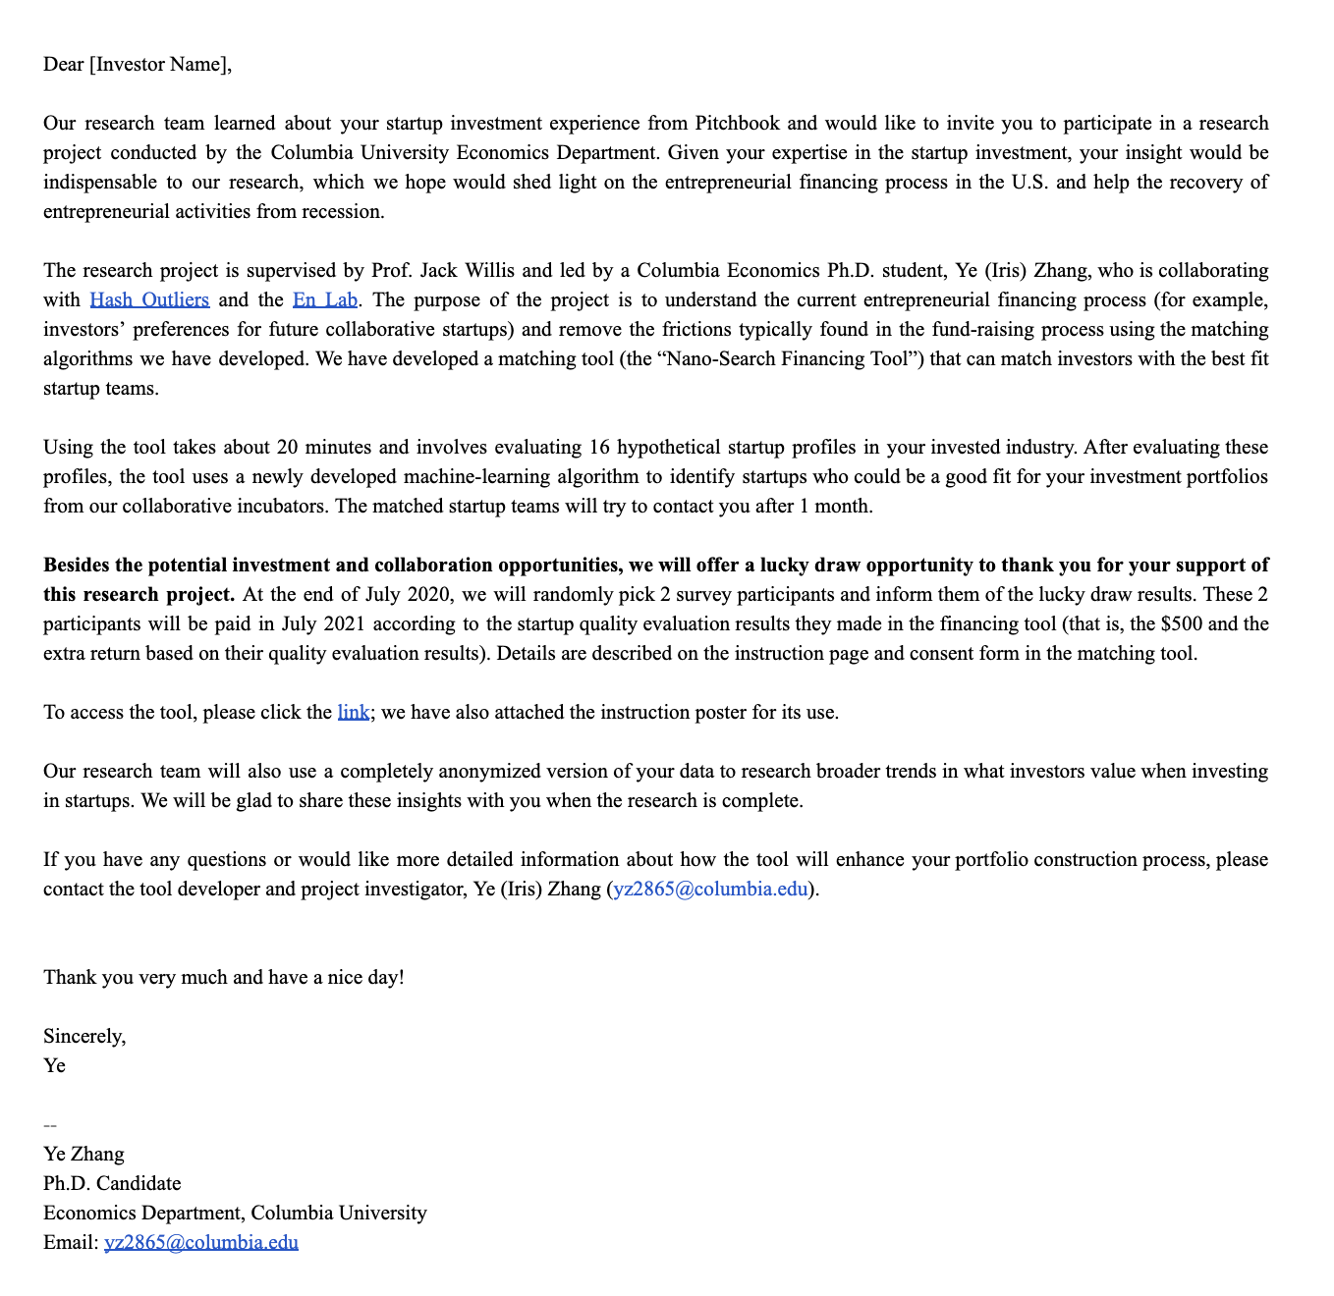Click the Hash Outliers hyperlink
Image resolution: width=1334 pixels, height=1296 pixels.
pos(149,299)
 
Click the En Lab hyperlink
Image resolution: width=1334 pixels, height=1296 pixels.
pos(325,299)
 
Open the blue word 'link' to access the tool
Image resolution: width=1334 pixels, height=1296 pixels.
pos(353,712)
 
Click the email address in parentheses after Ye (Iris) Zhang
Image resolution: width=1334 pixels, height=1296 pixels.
pos(710,889)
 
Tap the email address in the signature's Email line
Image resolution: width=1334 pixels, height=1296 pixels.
pos(201,1242)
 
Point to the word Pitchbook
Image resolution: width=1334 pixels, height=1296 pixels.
pos(737,123)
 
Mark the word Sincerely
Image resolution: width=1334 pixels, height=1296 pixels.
pos(83,1036)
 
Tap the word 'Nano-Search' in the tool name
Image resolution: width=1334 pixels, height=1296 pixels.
pos(721,358)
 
